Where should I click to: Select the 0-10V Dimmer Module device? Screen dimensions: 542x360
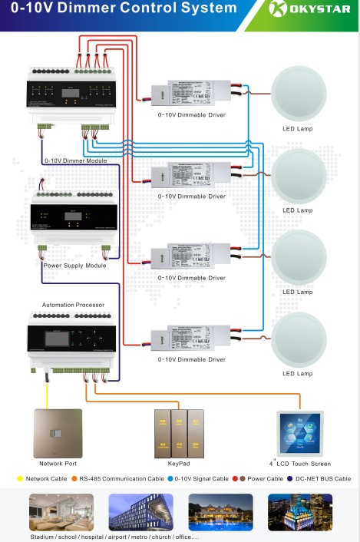click(74, 97)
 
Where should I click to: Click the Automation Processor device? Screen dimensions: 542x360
click(74, 342)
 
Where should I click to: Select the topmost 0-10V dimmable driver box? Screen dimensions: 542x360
click(192, 93)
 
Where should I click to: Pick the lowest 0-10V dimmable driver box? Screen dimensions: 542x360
click(192, 336)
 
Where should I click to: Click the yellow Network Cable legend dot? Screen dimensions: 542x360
click(20, 478)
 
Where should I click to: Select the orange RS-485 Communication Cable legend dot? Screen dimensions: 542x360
click(74, 478)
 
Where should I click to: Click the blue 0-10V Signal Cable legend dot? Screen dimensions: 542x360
click(169, 478)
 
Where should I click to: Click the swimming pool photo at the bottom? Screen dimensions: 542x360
click(220, 512)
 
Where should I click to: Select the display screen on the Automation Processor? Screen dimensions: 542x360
click(59, 340)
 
